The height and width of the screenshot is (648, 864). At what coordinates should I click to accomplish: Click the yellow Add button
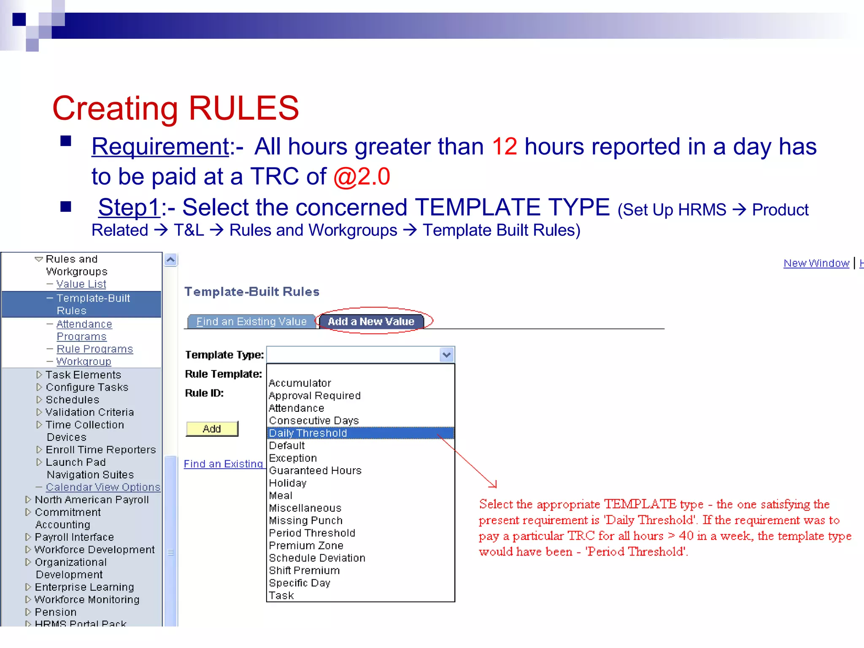(212, 429)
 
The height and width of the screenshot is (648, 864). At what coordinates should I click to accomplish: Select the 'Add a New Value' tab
(371, 321)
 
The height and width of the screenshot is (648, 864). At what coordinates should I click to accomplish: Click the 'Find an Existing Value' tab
(251, 321)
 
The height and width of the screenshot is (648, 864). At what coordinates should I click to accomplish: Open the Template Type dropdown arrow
(446, 355)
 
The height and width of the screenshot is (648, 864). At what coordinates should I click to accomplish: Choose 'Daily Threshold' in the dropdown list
(308, 433)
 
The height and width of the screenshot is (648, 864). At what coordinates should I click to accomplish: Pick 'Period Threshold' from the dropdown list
(312, 533)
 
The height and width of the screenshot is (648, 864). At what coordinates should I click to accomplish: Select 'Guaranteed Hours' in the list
(315, 470)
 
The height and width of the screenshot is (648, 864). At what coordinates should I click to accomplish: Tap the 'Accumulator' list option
(300, 383)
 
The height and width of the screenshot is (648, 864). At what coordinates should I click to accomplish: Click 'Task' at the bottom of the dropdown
(281, 595)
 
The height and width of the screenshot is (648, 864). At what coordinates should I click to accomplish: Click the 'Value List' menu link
(81, 284)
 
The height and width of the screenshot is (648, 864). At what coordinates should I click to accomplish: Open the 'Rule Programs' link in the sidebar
(94, 349)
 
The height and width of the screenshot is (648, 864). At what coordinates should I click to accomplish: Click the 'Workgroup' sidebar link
(84, 362)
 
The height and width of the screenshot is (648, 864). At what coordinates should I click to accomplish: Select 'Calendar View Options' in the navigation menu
(103, 487)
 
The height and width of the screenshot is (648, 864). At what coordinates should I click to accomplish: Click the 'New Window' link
(816, 263)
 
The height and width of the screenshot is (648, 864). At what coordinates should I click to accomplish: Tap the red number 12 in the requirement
(504, 146)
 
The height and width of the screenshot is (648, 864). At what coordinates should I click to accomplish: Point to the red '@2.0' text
(362, 176)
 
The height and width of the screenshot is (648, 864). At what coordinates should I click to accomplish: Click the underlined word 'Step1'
(129, 208)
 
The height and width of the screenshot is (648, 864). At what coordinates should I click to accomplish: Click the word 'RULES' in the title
(243, 108)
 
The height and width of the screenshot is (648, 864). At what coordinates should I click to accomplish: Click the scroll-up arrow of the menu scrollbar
(170, 259)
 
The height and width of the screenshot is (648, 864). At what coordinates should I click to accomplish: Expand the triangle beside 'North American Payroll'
(28, 499)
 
